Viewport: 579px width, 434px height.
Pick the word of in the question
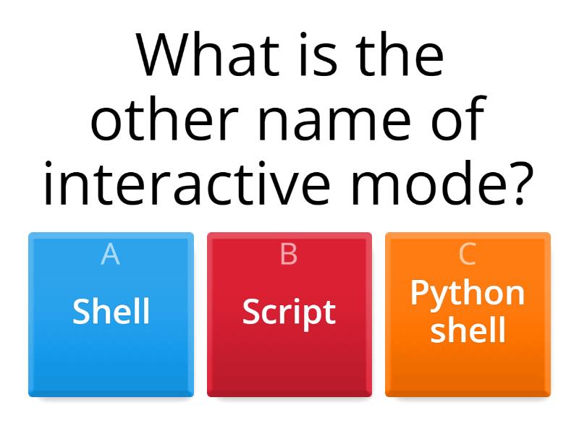tap(459, 119)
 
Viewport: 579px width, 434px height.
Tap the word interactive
tap(187, 183)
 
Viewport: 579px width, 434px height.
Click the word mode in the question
tap(428, 183)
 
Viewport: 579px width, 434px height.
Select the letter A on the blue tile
tap(111, 254)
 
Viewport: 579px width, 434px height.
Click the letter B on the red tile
tap(289, 254)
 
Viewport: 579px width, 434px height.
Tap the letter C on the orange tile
tap(468, 254)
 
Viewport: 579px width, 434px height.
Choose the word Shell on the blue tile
tap(111, 311)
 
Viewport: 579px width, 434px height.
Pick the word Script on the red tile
tap(289, 313)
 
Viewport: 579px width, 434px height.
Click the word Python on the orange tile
tap(468, 294)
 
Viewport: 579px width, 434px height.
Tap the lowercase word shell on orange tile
tap(468, 330)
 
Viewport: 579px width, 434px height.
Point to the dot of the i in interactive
tap(48, 165)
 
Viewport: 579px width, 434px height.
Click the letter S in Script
tap(251, 311)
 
